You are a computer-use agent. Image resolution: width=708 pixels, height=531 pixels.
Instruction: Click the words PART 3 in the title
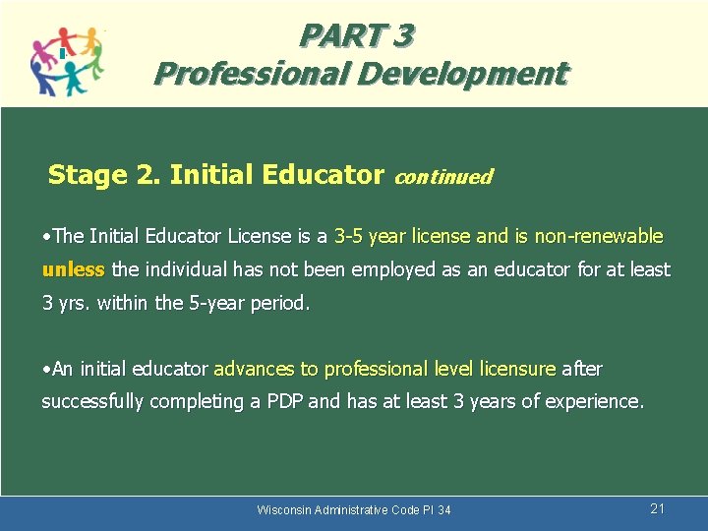point(357,36)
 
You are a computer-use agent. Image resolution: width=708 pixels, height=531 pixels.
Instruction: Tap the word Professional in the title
point(236,74)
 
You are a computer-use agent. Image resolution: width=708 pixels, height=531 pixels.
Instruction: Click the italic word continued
point(442,177)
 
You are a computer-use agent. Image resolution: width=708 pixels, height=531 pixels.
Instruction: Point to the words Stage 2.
point(104,175)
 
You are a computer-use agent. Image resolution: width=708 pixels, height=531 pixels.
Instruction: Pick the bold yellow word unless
point(73,269)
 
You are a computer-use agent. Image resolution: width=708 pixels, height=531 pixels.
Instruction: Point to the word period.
point(279,303)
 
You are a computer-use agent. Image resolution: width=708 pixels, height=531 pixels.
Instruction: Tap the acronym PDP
point(284,401)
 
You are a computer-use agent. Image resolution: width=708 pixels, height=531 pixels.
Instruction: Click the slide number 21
point(658,508)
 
